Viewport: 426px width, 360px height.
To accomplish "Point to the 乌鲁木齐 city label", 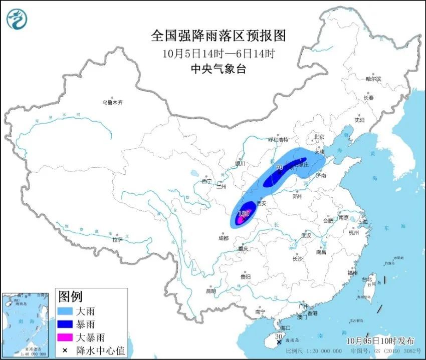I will [x=112, y=102].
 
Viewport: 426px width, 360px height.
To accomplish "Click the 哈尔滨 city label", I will [x=373, y=79].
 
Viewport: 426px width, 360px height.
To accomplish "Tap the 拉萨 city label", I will [x=117, y=240].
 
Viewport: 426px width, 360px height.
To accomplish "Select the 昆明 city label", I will [x=210, y=291].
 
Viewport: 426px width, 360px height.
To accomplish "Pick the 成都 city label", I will [x=224, y=238].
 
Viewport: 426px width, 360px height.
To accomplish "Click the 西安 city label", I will [x=261, y=203].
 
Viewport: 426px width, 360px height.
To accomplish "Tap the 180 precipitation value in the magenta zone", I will [x=244, y=214].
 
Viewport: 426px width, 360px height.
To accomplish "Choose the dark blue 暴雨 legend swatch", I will [x=66, y=325].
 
